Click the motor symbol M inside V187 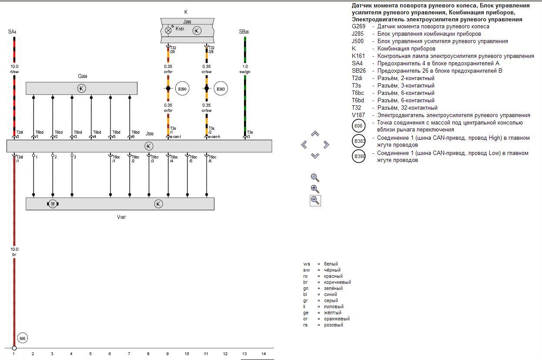coord(53,204)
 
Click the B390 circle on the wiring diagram coord(182,89)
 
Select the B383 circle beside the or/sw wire coord(221,89)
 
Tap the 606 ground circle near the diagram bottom coord(23,338)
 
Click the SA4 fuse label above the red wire coord(12,32)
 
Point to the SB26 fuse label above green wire coord(244,32)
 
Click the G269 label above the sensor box coord(83,76)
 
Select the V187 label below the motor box coord(121,217)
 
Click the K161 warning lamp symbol coord(168,30)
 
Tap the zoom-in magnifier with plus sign coord(315,189)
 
